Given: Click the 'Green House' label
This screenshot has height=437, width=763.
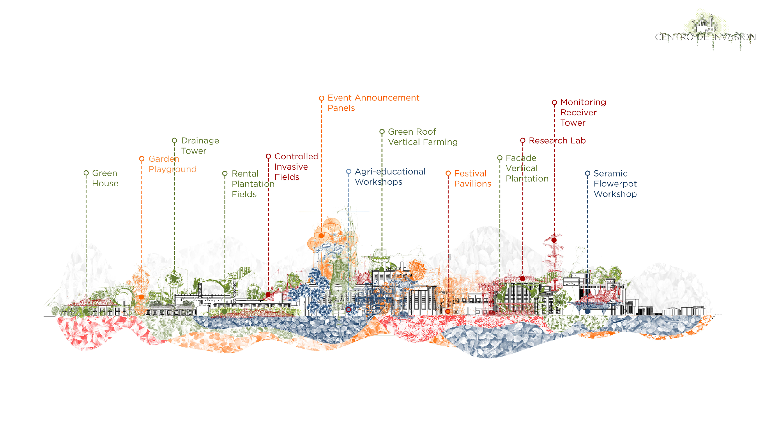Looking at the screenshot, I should click(x=105, y=178).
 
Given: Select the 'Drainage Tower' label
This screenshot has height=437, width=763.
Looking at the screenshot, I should click(x=200, y=146).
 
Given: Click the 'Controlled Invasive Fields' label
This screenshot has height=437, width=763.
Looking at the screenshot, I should click(x=296, y=167).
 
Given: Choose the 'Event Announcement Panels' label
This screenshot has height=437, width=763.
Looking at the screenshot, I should click(x=373, y=103).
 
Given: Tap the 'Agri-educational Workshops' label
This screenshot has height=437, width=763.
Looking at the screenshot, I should click(x=390, y=176).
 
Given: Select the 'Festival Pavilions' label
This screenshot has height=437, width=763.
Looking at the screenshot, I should click(x=472, y=179).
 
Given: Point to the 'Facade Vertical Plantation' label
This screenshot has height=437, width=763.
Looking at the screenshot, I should click(x=527, y=168).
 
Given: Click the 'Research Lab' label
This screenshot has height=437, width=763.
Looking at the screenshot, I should click(x=557, y=140).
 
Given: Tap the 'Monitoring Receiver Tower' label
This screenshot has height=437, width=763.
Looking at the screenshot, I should click(x=583, y=112).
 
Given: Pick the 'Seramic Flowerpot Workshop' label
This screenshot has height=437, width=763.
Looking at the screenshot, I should click(x=615, y=184).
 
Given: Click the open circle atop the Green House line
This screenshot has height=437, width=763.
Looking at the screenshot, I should click(x=86, y=173).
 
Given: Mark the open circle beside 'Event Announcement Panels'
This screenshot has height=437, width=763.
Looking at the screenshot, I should click(x=321, y=98).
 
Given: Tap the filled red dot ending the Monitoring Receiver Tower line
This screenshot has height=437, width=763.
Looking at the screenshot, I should click(x=554, y=240).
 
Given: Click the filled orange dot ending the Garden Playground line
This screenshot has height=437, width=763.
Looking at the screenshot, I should click(x=142, y=297).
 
